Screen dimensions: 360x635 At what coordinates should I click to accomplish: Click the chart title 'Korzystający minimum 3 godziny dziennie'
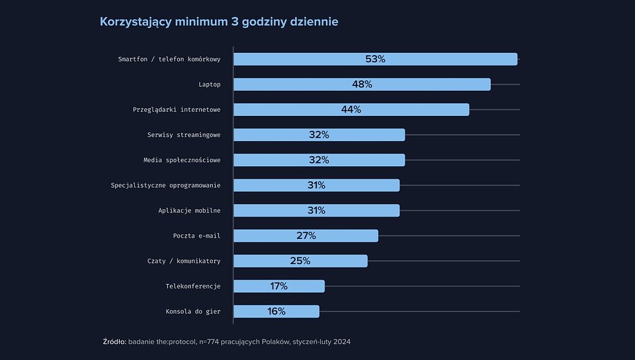point(219,22)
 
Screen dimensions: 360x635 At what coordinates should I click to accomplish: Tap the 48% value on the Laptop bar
point(362,84)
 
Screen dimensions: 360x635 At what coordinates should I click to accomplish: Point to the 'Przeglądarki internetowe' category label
point(177,110)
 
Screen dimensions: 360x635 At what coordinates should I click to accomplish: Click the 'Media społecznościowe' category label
point(182,160)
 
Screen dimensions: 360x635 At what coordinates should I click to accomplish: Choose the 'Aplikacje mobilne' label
point(189,210)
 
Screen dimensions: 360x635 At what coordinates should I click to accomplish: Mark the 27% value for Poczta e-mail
point(306,236)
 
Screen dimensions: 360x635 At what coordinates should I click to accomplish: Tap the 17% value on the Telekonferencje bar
point(278,286)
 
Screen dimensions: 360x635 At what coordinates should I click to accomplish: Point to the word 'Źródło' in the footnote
point(114,341)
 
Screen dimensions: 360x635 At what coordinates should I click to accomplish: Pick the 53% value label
point(375,59)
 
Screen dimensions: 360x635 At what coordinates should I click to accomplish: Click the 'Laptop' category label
point(209,85)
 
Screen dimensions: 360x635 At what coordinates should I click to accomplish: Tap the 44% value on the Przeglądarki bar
point(351,109)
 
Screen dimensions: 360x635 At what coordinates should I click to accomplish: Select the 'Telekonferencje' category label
point(192,287)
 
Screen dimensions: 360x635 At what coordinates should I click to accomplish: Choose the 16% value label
point(276,311)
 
